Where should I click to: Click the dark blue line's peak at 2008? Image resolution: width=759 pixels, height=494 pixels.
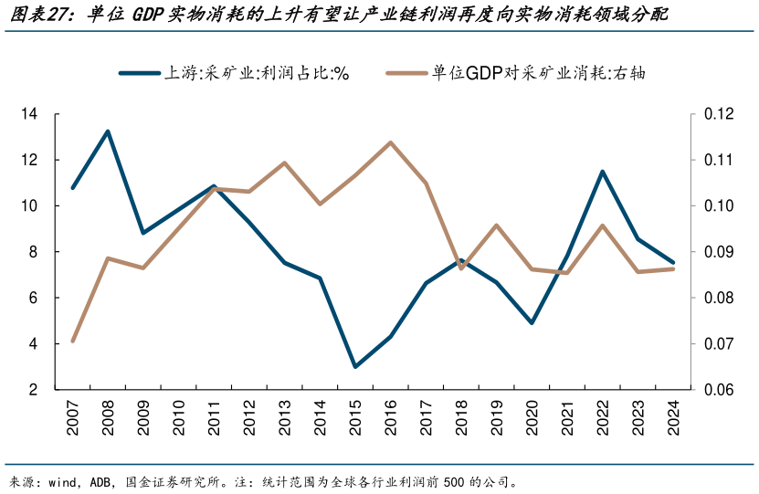pos(108,131)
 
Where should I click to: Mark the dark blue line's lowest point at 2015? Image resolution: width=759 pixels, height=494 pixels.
pos(355,367)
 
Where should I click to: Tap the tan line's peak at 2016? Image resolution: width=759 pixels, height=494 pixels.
pos(391,142)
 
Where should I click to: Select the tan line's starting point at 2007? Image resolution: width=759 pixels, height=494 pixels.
pos(72,341)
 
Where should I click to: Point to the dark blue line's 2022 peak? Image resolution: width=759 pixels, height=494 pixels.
pos(603,172)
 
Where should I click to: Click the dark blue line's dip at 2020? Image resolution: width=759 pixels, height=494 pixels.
pos(532,323)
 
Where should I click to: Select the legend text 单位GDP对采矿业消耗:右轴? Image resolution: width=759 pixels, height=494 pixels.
pos(539,73)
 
